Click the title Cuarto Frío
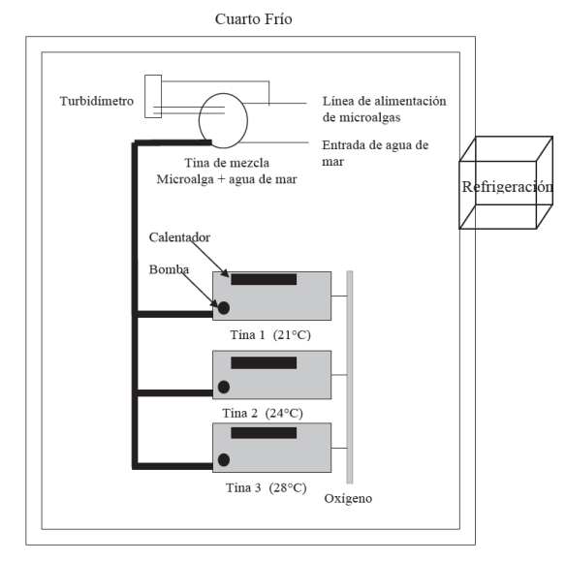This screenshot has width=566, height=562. point(253,19)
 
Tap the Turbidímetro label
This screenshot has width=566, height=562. point(97,101)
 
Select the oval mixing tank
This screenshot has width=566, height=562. point(199,120)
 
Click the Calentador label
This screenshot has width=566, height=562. point(179,237)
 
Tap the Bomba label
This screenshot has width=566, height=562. point(169,269)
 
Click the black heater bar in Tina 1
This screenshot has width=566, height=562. point(264,279)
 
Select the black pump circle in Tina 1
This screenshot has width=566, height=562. point(224,308)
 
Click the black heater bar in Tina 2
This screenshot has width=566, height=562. point(264,362)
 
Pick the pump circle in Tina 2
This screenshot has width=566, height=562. point(224,387)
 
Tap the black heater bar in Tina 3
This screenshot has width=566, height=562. point(264,433)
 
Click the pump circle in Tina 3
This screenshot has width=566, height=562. point(224,460)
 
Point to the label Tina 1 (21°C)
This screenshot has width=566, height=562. point(270,335)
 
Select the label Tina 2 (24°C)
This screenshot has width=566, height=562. point(263,413)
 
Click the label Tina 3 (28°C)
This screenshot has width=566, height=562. point(267,487)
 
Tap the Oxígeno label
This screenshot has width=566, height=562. point(348,499)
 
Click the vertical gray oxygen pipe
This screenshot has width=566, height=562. point(350,377)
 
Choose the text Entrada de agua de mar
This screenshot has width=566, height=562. point(375,153)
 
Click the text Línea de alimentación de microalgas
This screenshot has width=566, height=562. point(385,109)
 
